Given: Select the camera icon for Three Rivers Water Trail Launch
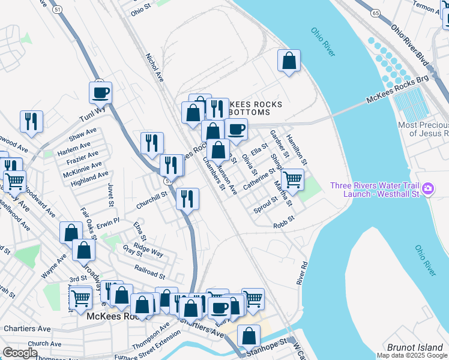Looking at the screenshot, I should point(428,189).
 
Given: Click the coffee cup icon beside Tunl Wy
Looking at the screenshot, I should point(100,93).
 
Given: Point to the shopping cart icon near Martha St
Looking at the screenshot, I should point(292,179).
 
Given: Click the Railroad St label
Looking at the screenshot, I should point(149,272).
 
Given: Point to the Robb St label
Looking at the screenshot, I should point(285,222).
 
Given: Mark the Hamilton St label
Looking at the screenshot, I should point(297,149).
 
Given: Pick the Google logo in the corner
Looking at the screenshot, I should point(20,353).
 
